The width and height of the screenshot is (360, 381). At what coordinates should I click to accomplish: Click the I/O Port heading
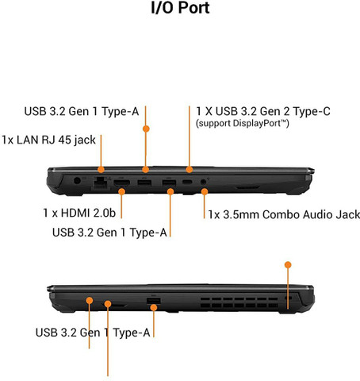click(180, 7)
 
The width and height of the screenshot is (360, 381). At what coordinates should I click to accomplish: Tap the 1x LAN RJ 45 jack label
click(48, 140)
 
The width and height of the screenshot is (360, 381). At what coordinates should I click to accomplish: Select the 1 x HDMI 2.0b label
click(79, 213)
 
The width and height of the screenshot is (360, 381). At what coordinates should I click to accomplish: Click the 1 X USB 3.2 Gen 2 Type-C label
click(263, 111)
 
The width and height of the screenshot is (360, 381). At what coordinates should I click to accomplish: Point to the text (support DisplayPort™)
click(243, 124)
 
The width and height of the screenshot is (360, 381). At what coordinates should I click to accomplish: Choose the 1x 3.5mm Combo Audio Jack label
click(284, 214)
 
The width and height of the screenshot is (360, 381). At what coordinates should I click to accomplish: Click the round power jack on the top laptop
click(77, 181)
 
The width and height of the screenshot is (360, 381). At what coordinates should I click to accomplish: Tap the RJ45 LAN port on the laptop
click(101, 183)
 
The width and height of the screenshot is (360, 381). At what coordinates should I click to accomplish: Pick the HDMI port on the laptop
click(121, 183)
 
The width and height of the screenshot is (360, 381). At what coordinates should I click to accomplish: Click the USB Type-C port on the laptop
click(187, 182)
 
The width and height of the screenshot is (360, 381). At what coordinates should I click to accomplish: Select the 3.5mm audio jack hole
click(203, 182)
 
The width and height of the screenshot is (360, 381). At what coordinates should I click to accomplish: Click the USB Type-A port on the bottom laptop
click(154, 301)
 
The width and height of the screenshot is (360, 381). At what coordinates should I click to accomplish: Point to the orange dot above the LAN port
click(101, 169)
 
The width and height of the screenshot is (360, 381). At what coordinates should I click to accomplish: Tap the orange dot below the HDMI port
click(121, 191)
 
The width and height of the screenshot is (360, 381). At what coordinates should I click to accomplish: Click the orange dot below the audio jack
click(205, 191)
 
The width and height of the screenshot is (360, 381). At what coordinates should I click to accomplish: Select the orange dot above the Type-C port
click(190, 169)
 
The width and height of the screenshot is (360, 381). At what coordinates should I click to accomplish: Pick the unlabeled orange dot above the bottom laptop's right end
click(288, 265)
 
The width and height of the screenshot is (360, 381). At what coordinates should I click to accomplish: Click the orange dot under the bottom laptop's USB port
click(154, 307)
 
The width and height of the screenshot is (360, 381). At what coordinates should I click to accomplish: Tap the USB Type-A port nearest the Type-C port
click(169, 183)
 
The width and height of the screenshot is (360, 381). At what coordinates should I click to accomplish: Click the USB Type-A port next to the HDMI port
click(144, 183)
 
